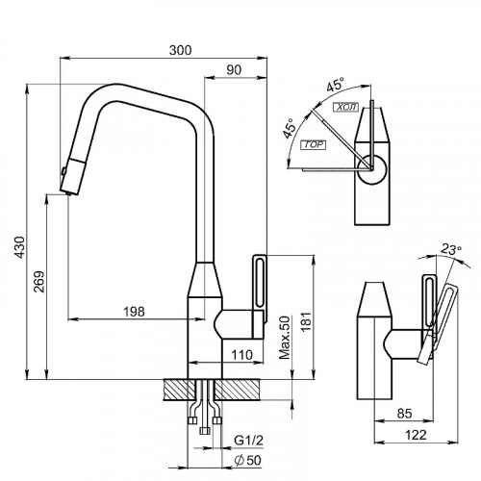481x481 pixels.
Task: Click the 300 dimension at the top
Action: point(180,50)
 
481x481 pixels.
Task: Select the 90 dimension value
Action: point(234,70)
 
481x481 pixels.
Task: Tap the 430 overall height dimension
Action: point(19,247)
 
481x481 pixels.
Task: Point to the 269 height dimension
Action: point(39,282)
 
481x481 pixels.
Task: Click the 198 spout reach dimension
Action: point(134,312)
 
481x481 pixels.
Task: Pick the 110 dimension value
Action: point(241,355)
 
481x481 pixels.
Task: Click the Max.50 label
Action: point(285,338)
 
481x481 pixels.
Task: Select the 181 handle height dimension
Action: point(307,321)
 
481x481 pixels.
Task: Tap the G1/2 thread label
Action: point(248,441)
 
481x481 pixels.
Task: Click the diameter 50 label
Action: point(247,461)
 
